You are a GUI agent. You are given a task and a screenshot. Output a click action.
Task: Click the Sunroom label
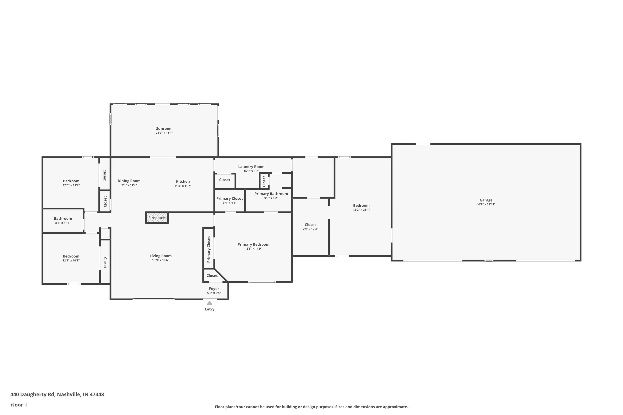164,128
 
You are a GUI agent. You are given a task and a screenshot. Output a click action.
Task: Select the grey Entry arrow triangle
210,303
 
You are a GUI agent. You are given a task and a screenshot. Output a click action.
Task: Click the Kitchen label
183,182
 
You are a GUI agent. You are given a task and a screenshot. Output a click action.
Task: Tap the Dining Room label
129,181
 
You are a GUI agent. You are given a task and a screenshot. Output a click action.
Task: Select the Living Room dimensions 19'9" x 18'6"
161,260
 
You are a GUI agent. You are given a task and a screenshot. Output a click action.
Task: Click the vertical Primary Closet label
209,249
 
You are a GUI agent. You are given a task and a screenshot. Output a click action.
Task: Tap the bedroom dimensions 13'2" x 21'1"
361,210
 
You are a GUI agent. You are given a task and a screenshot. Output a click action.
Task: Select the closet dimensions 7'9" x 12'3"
310,229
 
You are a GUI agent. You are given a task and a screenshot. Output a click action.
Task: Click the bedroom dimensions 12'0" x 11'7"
71,185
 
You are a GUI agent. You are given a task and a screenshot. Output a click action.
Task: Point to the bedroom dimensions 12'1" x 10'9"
71,260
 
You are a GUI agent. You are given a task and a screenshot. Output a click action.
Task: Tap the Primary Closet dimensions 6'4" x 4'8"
229,203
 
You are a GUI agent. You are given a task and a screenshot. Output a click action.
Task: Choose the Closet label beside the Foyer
212,276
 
